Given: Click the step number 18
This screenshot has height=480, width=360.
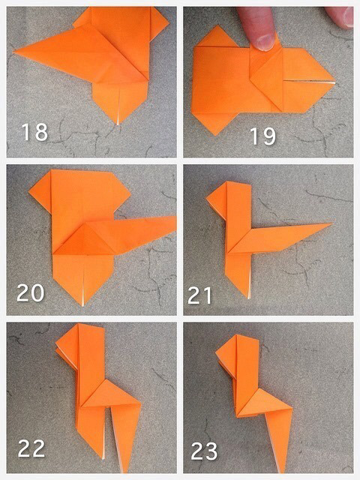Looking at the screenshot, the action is [x=34, y=132].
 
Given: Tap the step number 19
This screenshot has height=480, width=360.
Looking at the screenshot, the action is [x=263, y=136].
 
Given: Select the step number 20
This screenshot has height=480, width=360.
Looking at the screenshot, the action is [x=30, y=292].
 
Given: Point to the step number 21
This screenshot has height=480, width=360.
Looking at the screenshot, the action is [x=199, y=295].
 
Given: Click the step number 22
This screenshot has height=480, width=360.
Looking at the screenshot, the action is [x=31, y=448].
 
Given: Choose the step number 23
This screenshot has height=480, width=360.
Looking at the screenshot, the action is [x=204, y=451].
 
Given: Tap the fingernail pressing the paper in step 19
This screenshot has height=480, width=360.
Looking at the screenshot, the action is [x=265, y=42].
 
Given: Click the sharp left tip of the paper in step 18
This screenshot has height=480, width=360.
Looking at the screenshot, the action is [x=14, y=52].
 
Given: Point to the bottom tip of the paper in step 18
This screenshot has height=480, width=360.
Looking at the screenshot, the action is [x=118, y=124].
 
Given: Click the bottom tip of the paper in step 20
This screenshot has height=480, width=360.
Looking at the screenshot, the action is [x=83, y=304].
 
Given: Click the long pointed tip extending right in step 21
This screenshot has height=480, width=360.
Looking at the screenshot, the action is [x=331, y=223].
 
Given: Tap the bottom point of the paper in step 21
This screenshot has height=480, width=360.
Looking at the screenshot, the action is [x=249, y=297].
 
